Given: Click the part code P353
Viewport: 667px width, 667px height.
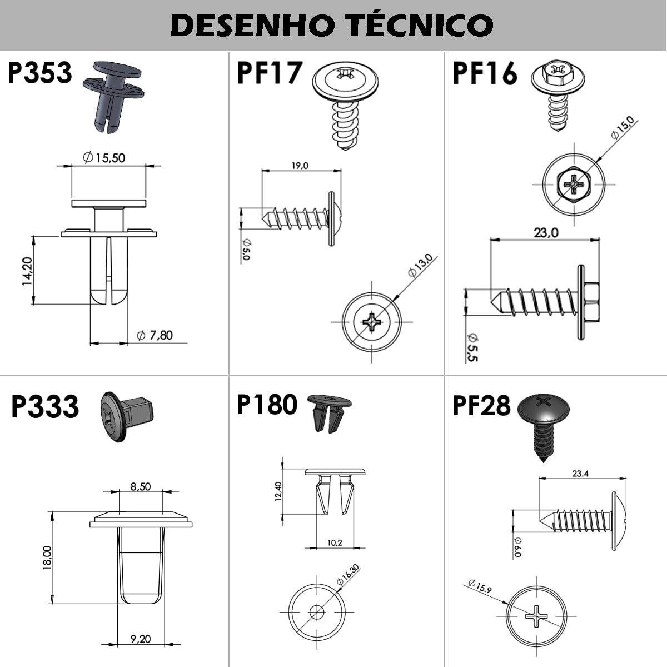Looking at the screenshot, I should tap(40, 73).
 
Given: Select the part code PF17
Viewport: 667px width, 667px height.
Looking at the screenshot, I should tap(270, 73).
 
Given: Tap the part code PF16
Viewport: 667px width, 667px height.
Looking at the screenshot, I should tap(485, 73).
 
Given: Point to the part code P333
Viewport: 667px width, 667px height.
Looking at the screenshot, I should tap(45, 406).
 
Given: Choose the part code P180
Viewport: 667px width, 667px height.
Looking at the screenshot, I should tap(267, 405).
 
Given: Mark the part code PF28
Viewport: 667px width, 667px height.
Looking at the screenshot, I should tap(481, 405).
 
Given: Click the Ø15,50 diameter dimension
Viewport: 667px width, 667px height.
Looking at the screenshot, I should tap(104, 158).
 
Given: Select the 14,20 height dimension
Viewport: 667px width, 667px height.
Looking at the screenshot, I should tap(27, 271).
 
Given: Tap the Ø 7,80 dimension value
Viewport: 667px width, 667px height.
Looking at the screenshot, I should tap(155, 335).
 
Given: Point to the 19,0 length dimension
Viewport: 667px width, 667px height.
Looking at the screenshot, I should tap(299, 165).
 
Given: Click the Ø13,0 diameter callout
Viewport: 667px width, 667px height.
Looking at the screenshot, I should tap(420, 265).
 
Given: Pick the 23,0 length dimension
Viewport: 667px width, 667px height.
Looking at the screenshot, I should tap(546, 232).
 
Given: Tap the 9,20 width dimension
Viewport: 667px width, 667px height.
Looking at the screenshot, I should tap(141, 639).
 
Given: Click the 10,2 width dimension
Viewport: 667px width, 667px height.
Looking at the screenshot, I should tap(335, 543).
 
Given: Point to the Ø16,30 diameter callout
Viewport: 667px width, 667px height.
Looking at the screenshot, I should tap(348, 574).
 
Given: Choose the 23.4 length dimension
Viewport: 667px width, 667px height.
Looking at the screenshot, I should tap(580, 474).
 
